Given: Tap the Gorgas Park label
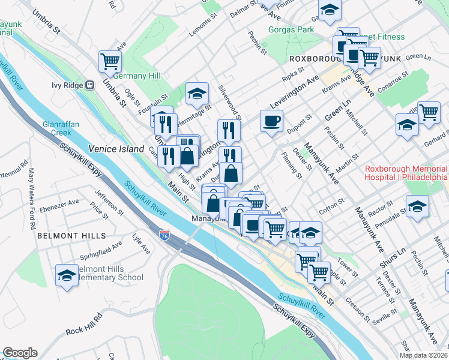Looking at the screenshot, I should click(x=292, y=29).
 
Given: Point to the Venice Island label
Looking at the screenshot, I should click(x=116, y=149).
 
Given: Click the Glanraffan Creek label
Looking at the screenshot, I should click(x=57, y=128).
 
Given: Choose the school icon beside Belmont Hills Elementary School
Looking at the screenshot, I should click(x=67, y=275).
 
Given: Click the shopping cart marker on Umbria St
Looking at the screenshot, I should click(x=110, y=60).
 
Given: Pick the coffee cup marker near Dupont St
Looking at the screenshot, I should click(x=271, y=121).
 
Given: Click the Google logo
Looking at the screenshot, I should click(x=20, y=353).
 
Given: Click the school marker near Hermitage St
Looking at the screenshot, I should click(x=196, y=94).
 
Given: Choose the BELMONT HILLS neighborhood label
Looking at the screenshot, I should click(x=71, y=236).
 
